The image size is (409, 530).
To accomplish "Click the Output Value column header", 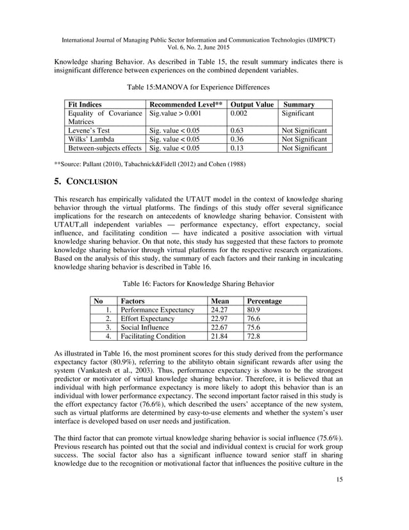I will coord(252,104).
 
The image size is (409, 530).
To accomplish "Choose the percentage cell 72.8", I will coord(254,336).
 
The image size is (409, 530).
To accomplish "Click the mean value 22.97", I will coord(221,319).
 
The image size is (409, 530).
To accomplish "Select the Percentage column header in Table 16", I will coord(264,301).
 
